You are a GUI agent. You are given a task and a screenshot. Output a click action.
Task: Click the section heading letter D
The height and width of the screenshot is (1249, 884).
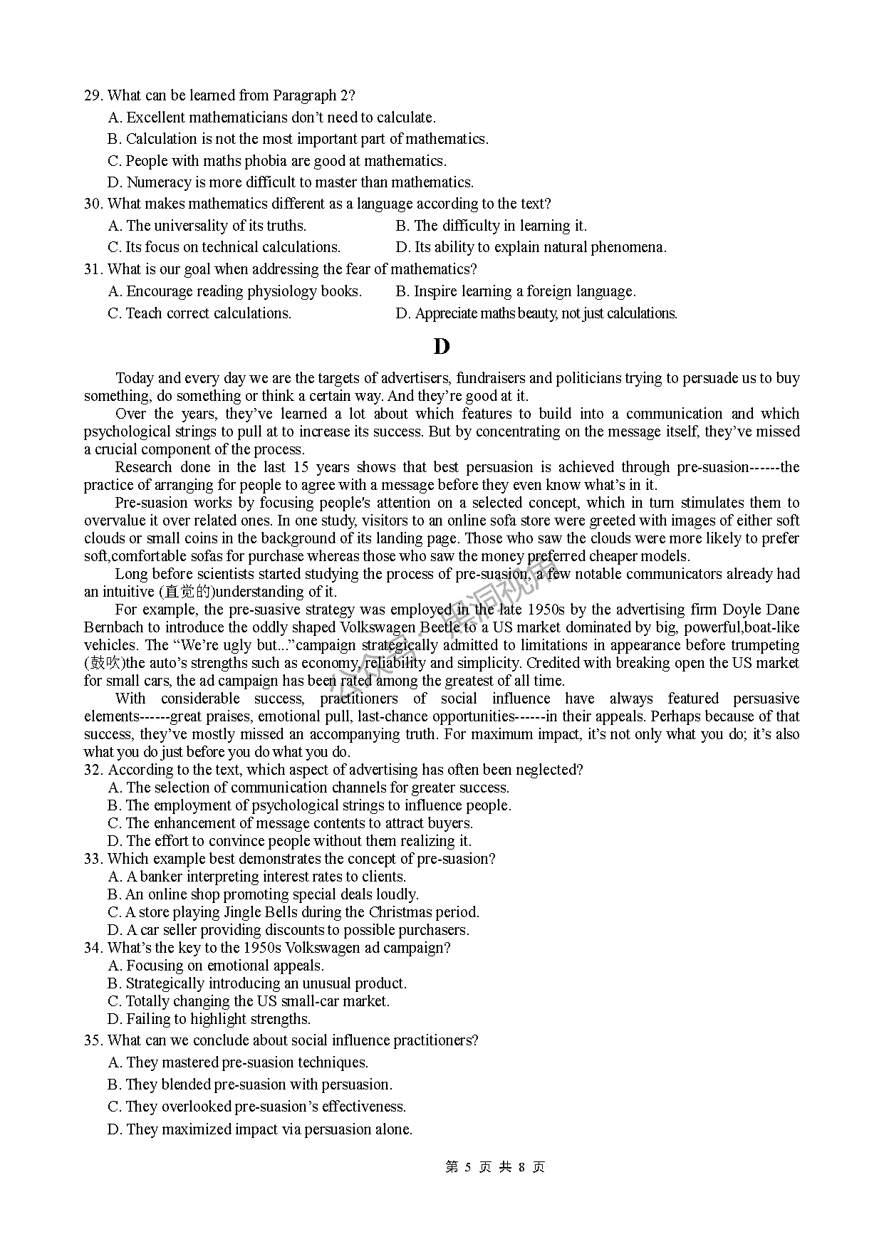(442, 347)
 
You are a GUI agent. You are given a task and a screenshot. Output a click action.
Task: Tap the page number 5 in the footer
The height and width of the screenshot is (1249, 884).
(468, 1167)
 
